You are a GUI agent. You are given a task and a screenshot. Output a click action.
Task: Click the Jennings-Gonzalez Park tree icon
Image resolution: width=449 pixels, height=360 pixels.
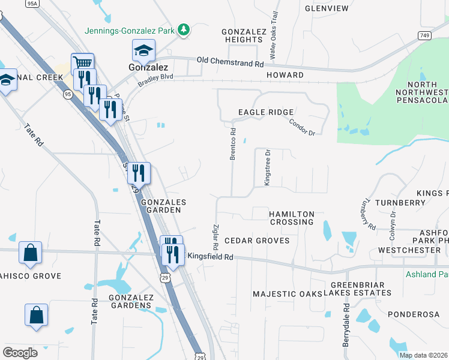185,29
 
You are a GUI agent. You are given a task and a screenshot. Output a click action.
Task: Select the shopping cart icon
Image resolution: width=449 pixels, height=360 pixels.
82,62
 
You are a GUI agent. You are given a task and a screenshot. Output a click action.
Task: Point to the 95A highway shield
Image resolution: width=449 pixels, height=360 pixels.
32,4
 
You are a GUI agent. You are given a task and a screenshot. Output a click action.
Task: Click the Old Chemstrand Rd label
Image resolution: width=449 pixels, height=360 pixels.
231,62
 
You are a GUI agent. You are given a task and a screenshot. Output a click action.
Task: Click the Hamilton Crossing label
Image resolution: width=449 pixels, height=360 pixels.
292,218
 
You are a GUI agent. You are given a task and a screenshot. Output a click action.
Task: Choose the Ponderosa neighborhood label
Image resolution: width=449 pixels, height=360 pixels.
414,314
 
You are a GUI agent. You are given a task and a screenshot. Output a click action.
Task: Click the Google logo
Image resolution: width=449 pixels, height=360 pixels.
20,353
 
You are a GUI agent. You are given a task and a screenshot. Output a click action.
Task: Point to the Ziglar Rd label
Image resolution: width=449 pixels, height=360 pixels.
215,238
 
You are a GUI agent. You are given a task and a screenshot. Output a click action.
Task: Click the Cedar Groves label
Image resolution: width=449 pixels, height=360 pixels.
257,241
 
